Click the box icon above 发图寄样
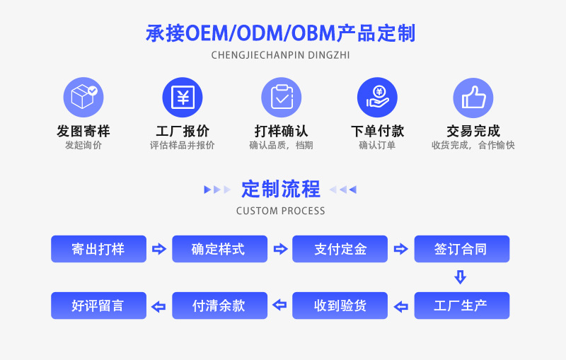coord(83,97)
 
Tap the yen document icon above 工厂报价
coord(183,97)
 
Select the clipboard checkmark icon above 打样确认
coord(281,97)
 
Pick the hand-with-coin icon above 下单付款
coord(377,97)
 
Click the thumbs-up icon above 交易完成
coord(473,97)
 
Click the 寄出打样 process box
coord(98,249)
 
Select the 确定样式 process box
coord(219,249)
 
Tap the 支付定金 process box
coord(340,249)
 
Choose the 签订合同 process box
coord(461,249)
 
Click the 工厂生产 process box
coord(461,306)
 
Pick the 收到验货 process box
coord(340,306)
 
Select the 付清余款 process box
coord(219,306)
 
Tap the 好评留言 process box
coord(98,306)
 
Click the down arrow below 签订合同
coord(461,277)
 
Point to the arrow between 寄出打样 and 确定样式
coord(159,249)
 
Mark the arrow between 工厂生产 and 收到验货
coord(401,306)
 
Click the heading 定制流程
coord(281,189)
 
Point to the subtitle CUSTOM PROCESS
coord(281,211)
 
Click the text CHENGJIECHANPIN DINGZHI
coord(281,54)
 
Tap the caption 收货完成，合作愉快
coord(473,146)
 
